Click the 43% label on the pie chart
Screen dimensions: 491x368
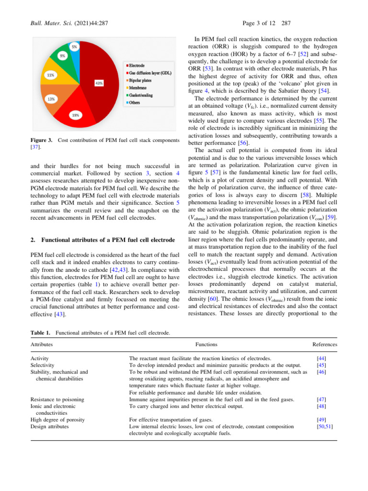click(x=99, y=83)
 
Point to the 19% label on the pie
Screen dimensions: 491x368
click(x=76, y=115)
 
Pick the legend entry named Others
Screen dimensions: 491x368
click(x=134, y=103)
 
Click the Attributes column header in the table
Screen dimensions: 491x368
click(x=42, y=344)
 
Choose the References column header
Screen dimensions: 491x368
click(x=324, y=344)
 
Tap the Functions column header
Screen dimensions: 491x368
click(x=206, y=344)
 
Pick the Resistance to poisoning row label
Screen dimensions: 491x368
click(x=57, y=399)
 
